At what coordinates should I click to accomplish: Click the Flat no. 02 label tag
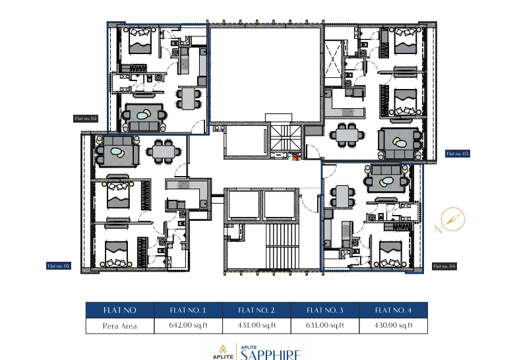pos(86,119)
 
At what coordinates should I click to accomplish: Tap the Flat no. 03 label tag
pos(458,154)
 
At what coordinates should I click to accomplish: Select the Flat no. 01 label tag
pos(59,266)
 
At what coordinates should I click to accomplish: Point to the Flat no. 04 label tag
pos(444,266)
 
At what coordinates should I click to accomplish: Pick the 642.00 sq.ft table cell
pos(187,325)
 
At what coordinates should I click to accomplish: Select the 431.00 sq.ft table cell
pos(256,325)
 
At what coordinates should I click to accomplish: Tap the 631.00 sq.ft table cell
pos(324,325)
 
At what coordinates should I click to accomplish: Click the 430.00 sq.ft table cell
pos(393,325)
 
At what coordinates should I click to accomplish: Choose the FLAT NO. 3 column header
pos(324,310)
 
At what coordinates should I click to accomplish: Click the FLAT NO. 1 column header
pos(187,310)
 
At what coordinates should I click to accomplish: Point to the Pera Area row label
pos(119,325)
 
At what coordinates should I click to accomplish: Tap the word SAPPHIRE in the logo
pos(271,355)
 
